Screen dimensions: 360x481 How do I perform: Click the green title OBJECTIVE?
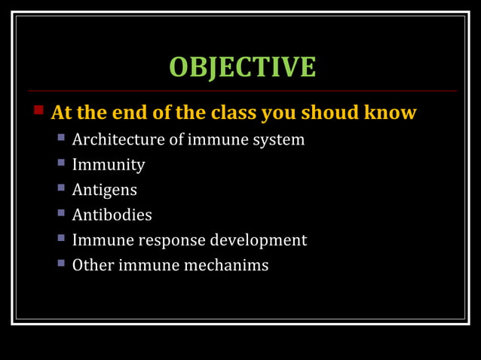pos(242,66)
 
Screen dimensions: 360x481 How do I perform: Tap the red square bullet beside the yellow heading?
pos(39,110)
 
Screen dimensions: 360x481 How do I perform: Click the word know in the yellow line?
pos(391,113)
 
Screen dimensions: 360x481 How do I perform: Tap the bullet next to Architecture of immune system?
pos(62,139)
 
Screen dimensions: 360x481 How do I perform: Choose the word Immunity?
pos(109,165)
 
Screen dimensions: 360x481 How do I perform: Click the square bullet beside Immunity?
pos(62,163)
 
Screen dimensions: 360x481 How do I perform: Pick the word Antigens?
pos(105,191)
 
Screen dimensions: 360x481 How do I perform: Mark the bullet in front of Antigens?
pos(62,188)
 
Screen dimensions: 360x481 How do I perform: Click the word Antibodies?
pos(112,215)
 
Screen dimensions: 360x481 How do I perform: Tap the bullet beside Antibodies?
pos(62,213)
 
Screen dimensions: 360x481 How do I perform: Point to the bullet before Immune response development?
pos(62,239)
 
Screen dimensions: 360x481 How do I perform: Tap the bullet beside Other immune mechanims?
pos(62,264)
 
